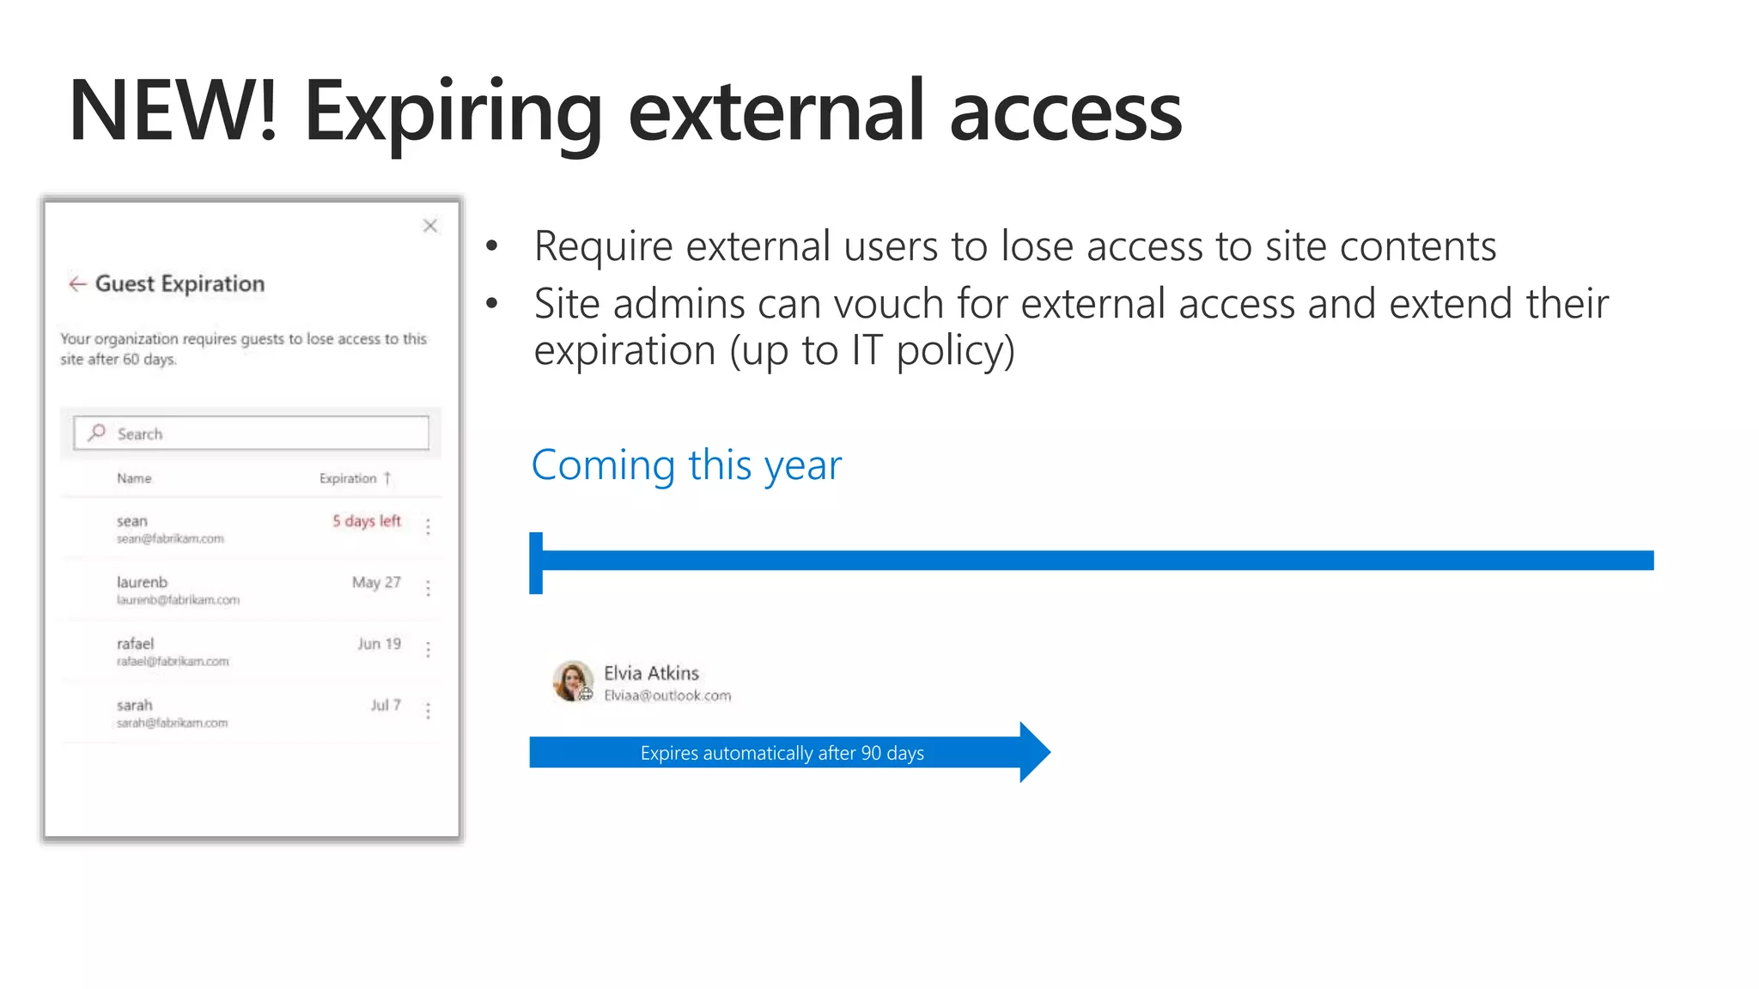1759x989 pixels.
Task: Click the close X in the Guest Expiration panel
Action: click(430, 226)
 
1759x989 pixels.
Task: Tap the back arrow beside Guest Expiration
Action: click(77, 284)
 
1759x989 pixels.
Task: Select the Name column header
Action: click(134, 478)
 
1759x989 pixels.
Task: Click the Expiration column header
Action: click(349, 478)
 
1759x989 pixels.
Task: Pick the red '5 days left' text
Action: click(367, 521)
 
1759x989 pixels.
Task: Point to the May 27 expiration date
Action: click(376, 582)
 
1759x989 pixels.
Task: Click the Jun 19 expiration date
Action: click(379, 644)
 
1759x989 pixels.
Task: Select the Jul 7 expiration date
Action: click(386, 705)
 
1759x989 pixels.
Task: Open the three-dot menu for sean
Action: click(428, 526)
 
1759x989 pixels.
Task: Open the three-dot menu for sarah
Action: click(428, 710)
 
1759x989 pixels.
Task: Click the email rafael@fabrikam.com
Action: click(173, 661)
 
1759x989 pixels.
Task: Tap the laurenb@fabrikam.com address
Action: click(178, 600)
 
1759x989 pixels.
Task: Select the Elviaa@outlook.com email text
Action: click(667, 695)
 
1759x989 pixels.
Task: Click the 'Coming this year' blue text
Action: click(686, 465)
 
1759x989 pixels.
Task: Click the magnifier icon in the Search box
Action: click(97, 433)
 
